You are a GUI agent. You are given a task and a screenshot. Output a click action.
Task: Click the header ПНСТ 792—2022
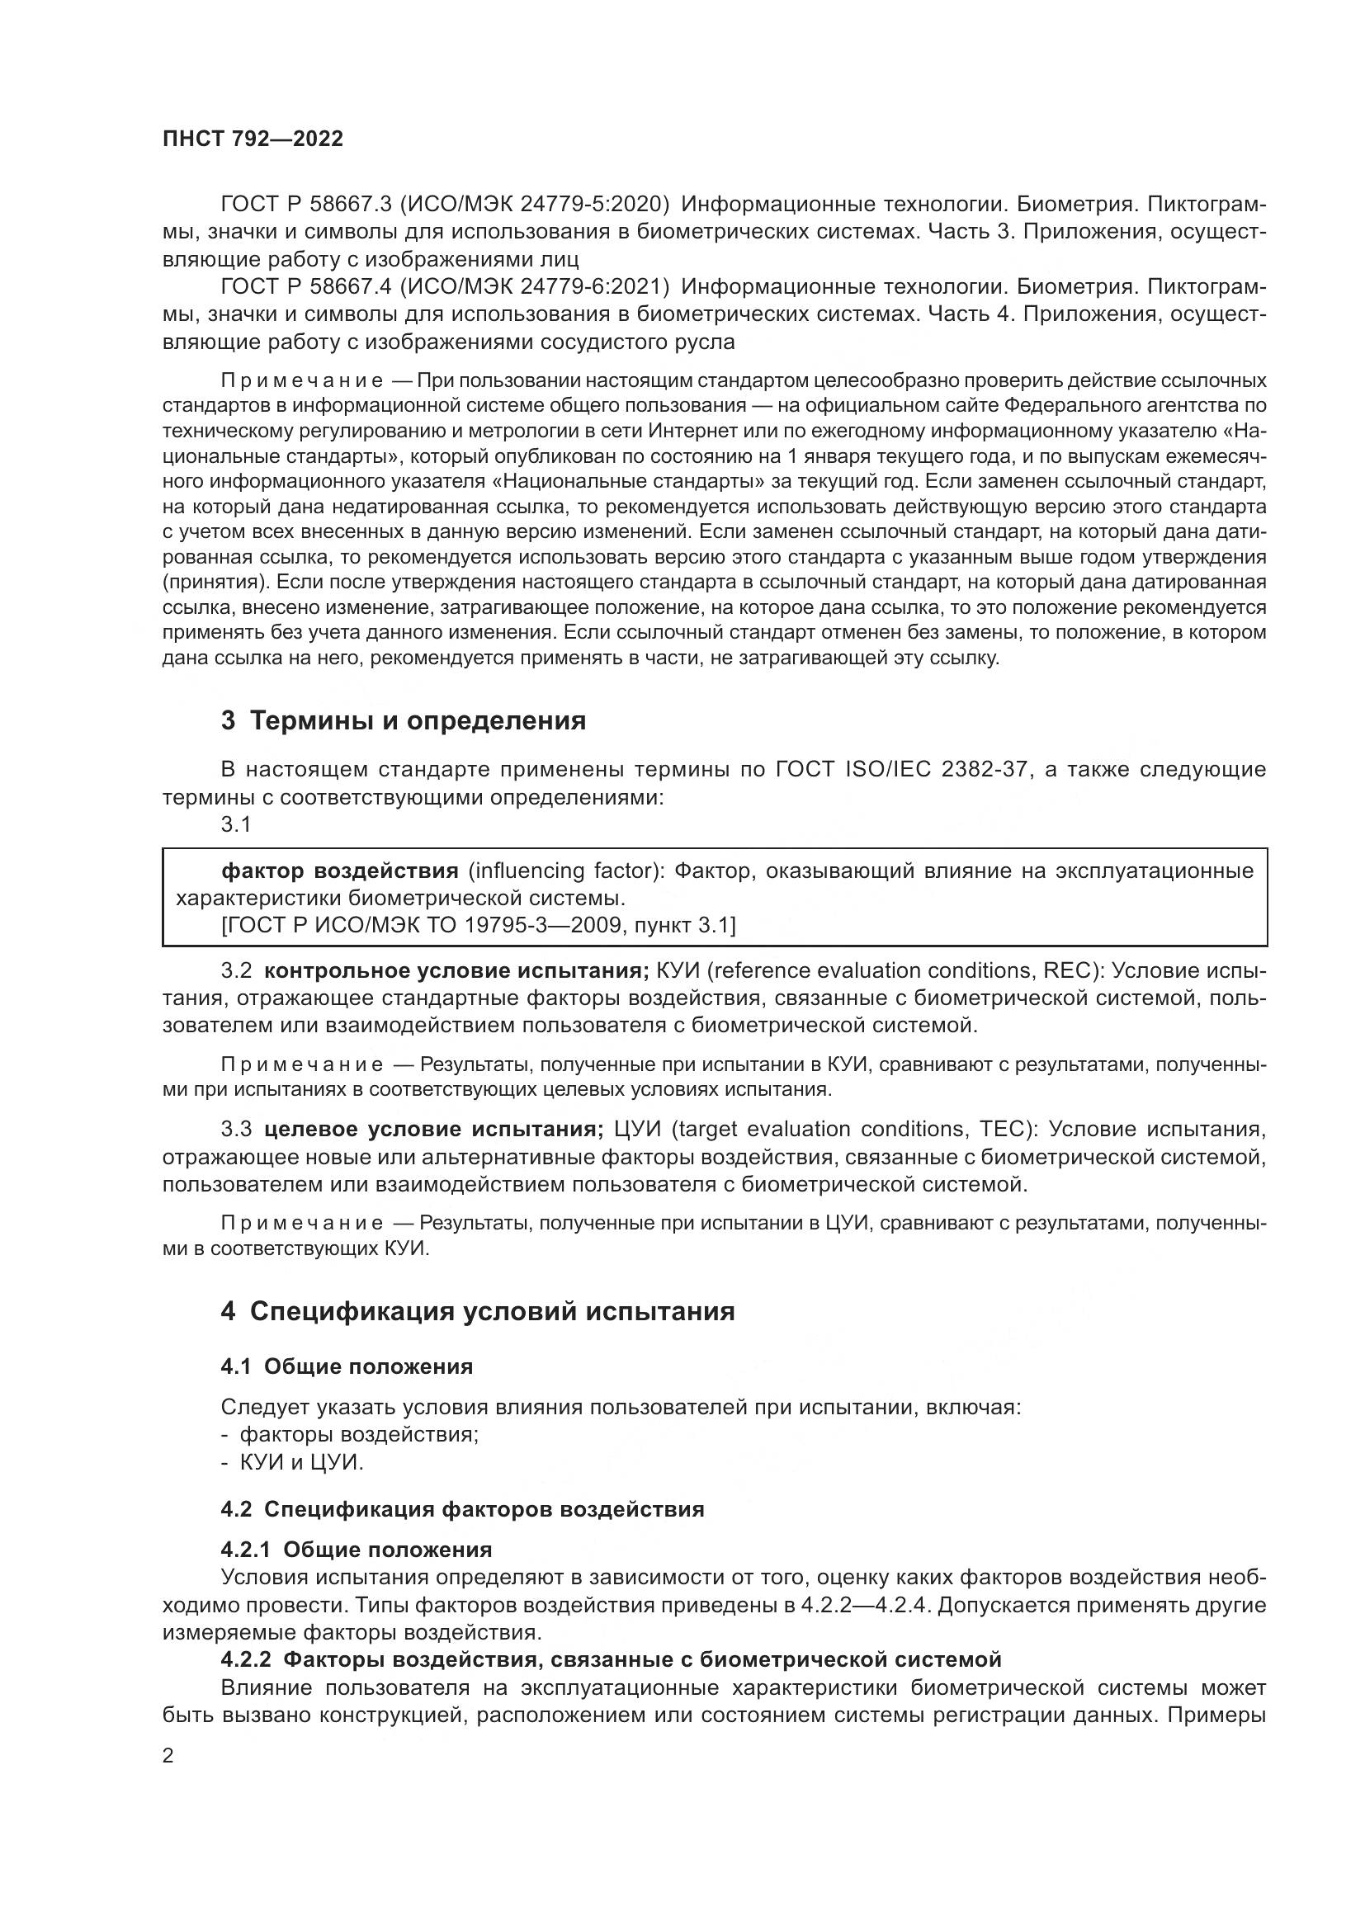(253, 139)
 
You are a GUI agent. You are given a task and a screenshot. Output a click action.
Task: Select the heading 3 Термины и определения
(404, 720)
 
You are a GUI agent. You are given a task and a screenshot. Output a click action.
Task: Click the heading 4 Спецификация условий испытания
(477, 1311)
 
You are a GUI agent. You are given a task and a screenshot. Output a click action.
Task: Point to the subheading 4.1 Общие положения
(347, 1366)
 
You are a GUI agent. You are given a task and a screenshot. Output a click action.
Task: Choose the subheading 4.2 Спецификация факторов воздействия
(462, 1509)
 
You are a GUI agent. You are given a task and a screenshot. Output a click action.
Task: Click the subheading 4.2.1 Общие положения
(357, 1550)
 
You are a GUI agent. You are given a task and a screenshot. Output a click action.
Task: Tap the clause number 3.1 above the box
(236, 824)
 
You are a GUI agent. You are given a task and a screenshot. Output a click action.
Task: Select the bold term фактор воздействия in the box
(339, 870)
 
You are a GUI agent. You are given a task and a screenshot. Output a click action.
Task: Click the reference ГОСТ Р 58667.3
(306, 205)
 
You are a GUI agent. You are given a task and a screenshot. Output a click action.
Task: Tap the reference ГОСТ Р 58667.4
(306, 286)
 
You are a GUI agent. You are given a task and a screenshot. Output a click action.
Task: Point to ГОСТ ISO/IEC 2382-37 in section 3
(902, 769)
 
